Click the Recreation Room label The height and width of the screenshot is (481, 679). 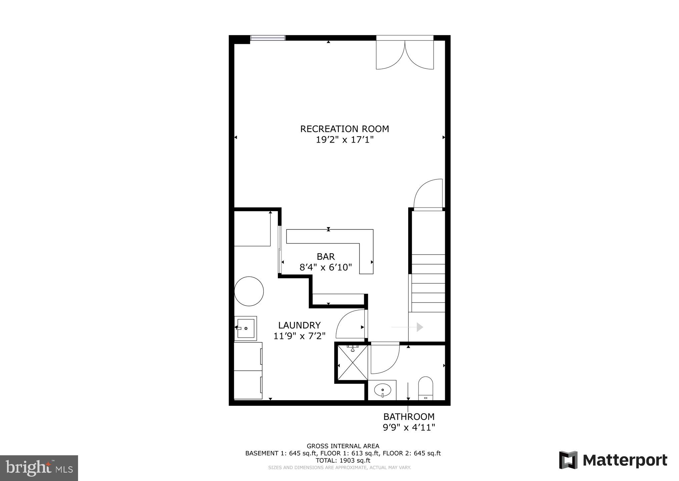pyautogui.click(x=344, y=129)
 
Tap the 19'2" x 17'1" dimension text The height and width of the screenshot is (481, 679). pyautogui.click(x=344, y=140)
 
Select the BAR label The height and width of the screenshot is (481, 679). pyautogui.click(x=325, y=257)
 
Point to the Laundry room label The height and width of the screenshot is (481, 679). pyautogui.click(x=299, y=325)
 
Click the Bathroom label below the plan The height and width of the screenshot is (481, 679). pyautogui.click(x=409, y=417)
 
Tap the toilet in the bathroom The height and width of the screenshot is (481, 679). pyautogui.click(x=425, y=388)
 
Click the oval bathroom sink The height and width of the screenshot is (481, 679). pyautogui.click(x=383, y=389)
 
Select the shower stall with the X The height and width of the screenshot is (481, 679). pyautogui.click(x=352, y=363)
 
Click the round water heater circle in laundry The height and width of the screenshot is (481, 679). pyautogui.click(x=249, y=291)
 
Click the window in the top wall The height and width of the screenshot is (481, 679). pyautogui.click(x=268, y=38)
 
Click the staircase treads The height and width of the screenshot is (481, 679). pyautogui.click(x=428, y=283)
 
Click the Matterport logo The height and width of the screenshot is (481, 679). pyautogui.click(x=613, y=461)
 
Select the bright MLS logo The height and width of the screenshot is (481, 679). pyautogui.click(x=39, y=468)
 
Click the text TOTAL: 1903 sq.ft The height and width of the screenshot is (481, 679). pyautogui.click(x=343, y=460)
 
